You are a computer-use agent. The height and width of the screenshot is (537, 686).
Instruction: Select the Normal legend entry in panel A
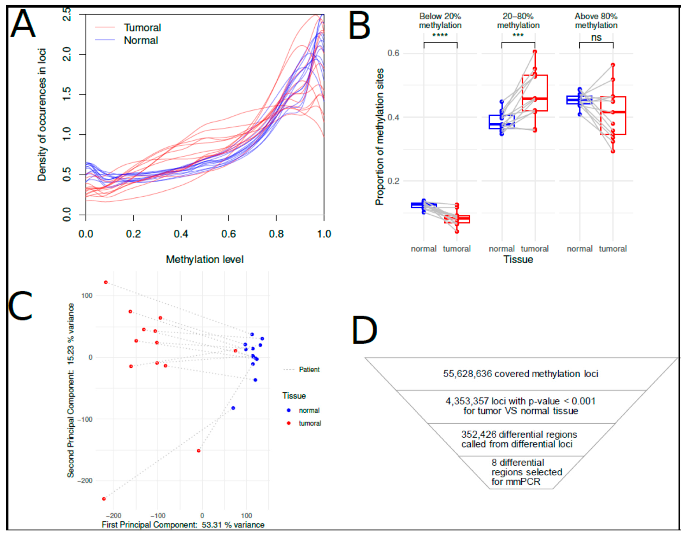pos(141,41)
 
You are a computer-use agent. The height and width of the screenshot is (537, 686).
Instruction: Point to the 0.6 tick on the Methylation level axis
pos(228,234)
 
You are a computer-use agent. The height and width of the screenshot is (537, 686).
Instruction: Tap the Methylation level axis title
pos(205,259)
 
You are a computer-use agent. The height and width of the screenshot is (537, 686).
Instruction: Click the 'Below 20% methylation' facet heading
pos(440,21)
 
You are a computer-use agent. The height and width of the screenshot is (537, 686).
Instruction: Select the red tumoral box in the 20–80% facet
pos(535,93)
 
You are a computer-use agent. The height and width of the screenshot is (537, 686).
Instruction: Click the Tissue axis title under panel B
pos(518,259)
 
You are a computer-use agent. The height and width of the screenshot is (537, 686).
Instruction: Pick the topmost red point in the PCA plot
pos(106,282)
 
